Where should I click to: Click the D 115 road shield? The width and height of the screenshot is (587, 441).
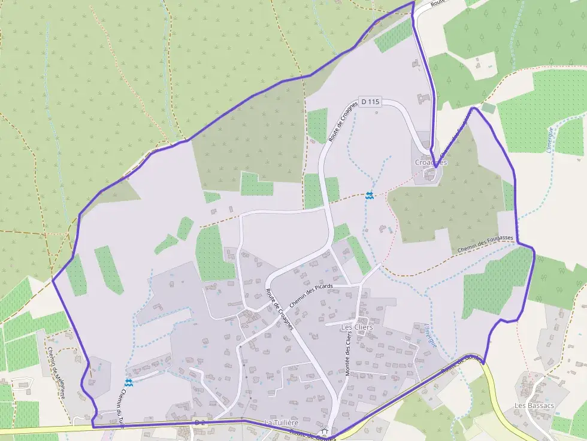[x=371, y=102]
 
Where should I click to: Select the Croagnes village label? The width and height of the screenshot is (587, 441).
[x=431, y=162]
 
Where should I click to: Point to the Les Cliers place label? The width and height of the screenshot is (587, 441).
[x=356, y=327]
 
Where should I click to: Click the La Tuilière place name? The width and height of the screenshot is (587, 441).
[x=282, y=424]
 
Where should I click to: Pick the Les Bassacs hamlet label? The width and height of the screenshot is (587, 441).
[x=534, y=405]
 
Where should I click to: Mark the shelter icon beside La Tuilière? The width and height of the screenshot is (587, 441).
[x=324, y=431]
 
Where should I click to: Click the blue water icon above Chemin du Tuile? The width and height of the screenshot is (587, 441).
[x=129, y=382]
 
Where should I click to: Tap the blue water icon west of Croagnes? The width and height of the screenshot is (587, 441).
[x=370, y=195]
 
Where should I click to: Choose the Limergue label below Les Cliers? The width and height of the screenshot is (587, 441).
[x=430, y=335]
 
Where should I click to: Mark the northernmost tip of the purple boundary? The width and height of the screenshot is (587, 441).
[x=413, y=2]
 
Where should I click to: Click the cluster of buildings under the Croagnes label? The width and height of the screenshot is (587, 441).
[x=429, y=174]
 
